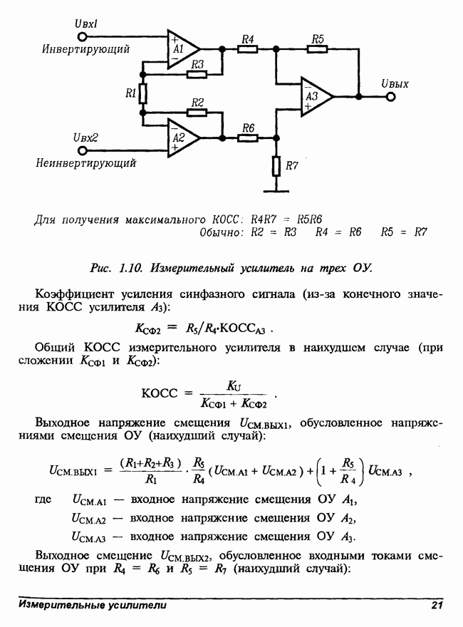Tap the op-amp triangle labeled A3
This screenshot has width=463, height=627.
pyautogui.click(x=314, y=94)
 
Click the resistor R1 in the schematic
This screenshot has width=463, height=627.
pyautogui.click(x=143, y=93)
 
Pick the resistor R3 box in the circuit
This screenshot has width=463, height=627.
pyautogui.click(x=197, y=74)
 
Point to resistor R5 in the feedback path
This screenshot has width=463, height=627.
pyautogui.click(x=318, y=48)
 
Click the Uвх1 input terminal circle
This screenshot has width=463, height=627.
pyautogui.click(x=83, y=36)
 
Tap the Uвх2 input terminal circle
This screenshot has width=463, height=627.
pyautogui.click(x=83, y=151)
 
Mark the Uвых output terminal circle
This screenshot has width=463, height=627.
pyautogui.click(x=390, y=95)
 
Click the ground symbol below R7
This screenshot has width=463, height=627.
pyautogui.click(x=276, y=190)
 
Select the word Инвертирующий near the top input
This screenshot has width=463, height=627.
pyautogui.click(x=85, y=50)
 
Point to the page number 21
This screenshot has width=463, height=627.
pyautogui.click(x=437, y=606)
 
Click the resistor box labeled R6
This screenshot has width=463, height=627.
pyautogui.click(x=248, y=137)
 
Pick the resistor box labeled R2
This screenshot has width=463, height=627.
pyautogui.click(x=197, y=112)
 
